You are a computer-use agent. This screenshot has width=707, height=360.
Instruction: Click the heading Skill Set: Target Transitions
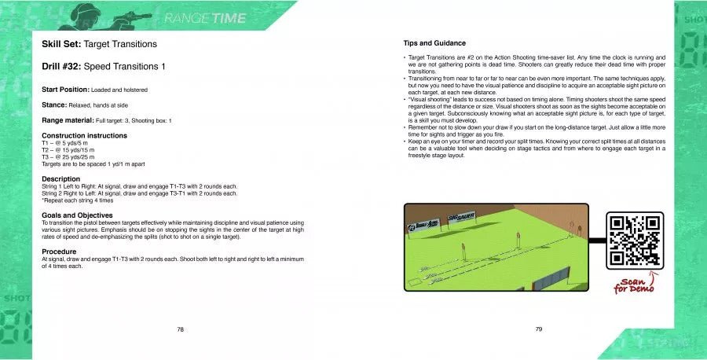(99, 45)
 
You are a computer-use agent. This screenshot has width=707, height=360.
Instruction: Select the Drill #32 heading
(104, 67)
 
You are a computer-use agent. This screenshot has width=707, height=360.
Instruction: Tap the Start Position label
(65, 90)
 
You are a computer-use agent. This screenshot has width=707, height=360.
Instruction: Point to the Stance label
(56, 105)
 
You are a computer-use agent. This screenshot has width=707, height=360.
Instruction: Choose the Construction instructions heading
(84, 135)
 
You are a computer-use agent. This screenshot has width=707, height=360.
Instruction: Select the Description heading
(60, 178)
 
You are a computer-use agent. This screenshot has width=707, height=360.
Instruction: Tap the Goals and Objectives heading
(77, 215)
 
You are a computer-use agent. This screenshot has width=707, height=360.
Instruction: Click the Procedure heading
(60, 252)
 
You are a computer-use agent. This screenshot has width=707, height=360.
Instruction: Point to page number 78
(180, 329)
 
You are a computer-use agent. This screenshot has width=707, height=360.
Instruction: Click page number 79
(538, 329)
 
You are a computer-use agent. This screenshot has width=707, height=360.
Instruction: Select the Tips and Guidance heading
(434, 43)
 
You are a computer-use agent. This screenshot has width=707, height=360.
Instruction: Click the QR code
(635, 241)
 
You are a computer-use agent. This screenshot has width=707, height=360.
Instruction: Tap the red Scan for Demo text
(635, 285)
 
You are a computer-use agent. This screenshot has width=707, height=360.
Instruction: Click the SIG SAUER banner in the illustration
(462, 217)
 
